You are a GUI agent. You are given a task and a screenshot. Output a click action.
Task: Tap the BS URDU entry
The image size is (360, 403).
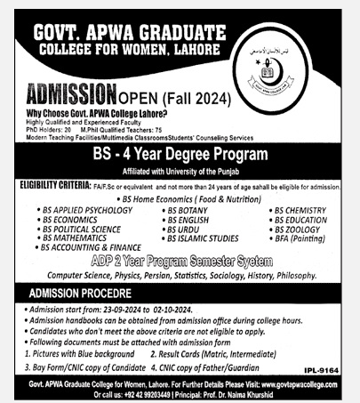[x=185, y=229]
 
